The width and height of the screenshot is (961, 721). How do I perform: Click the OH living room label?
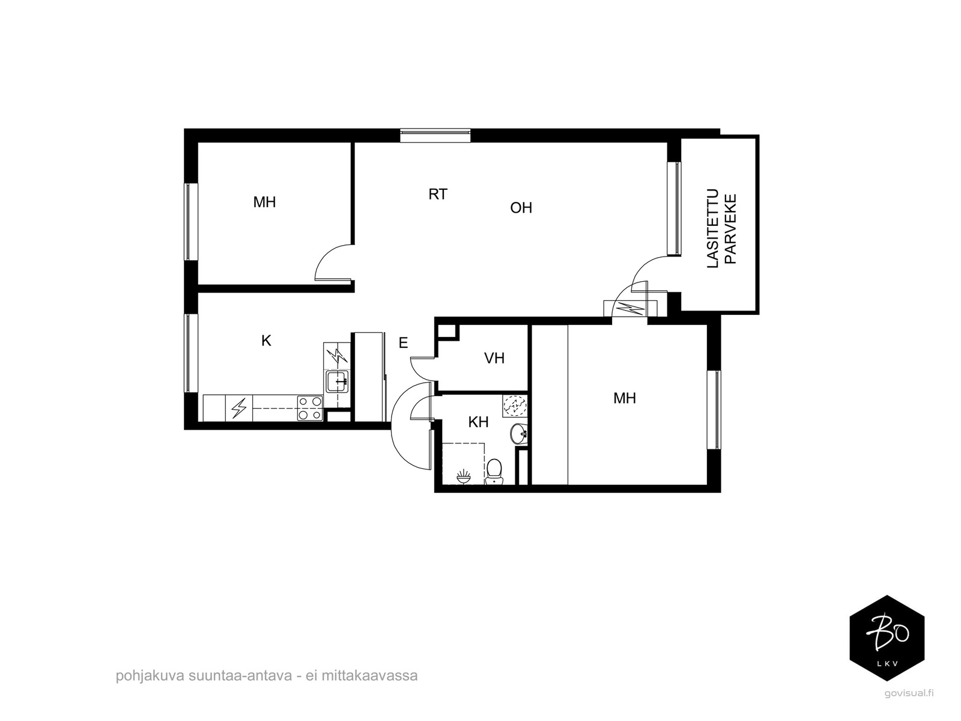point(521,207)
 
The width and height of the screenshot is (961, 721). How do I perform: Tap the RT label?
point(438,194)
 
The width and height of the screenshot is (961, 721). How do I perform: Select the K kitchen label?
point(266,340)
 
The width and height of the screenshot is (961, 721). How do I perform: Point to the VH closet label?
point(494,358)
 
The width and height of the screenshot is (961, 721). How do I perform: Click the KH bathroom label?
point(478,422)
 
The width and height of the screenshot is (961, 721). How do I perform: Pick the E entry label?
point(403,342)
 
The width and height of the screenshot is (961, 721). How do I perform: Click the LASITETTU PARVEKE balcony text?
point(722,228)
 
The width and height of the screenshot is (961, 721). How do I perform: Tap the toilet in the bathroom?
point(494,471)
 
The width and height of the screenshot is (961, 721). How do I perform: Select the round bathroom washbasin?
point(519,433)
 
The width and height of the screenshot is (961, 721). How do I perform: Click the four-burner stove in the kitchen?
point(310,407)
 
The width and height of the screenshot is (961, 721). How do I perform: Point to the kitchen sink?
point(337,382)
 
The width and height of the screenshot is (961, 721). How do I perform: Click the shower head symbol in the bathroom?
point(464,476)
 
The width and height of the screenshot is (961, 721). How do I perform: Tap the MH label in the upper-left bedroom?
point(264,202)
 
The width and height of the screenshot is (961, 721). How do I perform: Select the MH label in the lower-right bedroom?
point(624,398)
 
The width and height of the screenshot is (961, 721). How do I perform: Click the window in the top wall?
point(435,135)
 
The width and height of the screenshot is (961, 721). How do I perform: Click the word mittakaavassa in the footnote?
point(369,675)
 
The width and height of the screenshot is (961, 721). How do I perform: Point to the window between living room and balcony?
point(675,208)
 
